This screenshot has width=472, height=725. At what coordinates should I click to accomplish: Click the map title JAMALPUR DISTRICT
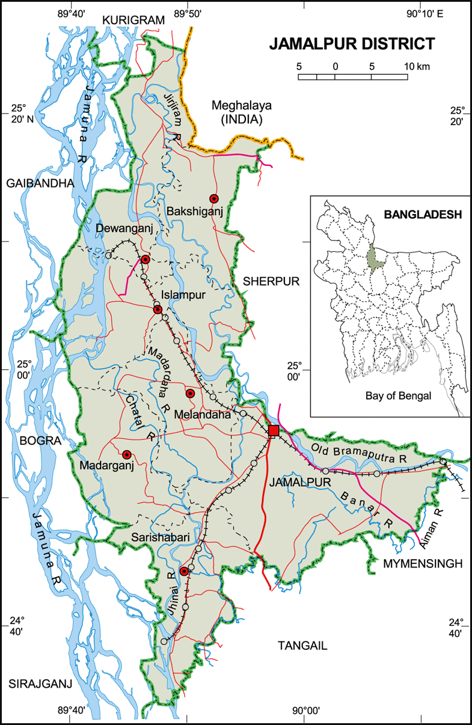(352, 44)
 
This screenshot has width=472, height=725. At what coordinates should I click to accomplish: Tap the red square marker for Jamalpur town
(274, 430)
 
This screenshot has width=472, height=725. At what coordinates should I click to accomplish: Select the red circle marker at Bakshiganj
(213, 198)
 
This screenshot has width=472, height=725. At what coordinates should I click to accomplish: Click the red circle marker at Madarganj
(127, 454)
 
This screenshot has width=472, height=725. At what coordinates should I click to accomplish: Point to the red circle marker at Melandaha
(190, 393)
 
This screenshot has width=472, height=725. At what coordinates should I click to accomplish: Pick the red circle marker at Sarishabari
(184, 571)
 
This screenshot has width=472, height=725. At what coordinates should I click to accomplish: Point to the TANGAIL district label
(302, 645)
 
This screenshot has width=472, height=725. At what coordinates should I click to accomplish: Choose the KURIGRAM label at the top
(133, 20)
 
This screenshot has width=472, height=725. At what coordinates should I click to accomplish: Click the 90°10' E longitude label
(424, 14)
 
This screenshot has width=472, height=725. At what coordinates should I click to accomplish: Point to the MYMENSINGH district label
(423, 563)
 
